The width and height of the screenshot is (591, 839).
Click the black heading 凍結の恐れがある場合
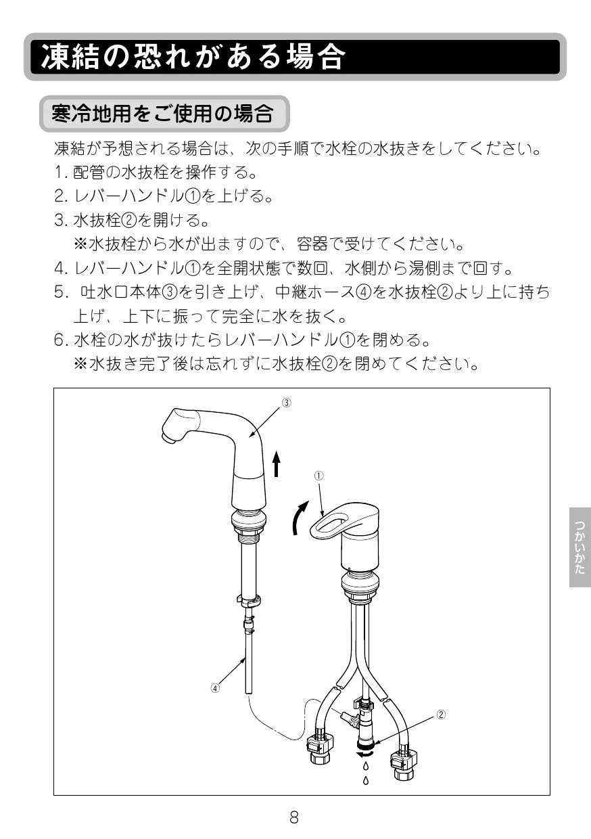(x=193, y=57)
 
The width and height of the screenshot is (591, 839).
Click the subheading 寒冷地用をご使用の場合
(x=162, y=114)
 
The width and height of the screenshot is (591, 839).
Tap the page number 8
(x=294, y=817)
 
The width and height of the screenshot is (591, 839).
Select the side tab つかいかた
(x=580, y=547)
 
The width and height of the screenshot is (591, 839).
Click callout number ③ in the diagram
(x=286, y=403)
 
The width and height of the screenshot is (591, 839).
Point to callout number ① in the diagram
(x=318, y=476)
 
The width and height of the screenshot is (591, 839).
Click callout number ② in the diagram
(x=442, y=715)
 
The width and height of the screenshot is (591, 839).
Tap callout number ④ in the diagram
(x=215, y=687)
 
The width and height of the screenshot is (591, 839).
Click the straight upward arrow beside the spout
(x=276, y=463)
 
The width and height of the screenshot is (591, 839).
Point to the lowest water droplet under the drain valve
(x=366, y=781)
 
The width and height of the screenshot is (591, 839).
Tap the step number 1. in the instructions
(x=61, y=173)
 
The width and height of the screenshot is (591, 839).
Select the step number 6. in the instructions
(x=61, y=340)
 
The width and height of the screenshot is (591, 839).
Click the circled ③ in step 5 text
(x=169, y=292)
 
